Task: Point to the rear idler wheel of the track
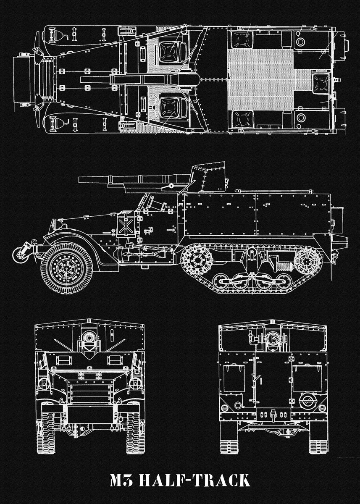(x=307, y=261)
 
